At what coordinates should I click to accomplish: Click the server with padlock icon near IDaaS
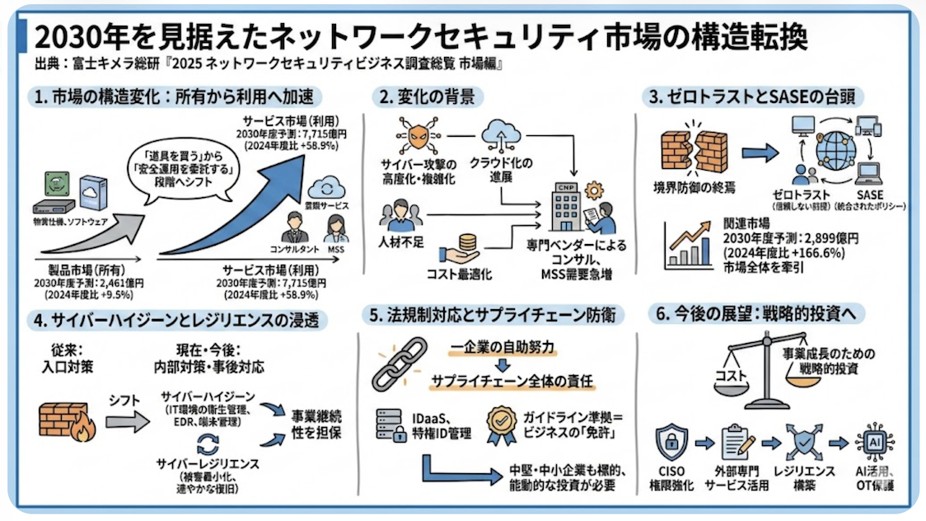[x=391, y=424]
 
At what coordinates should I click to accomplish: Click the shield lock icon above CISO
[x=671, y=443]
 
